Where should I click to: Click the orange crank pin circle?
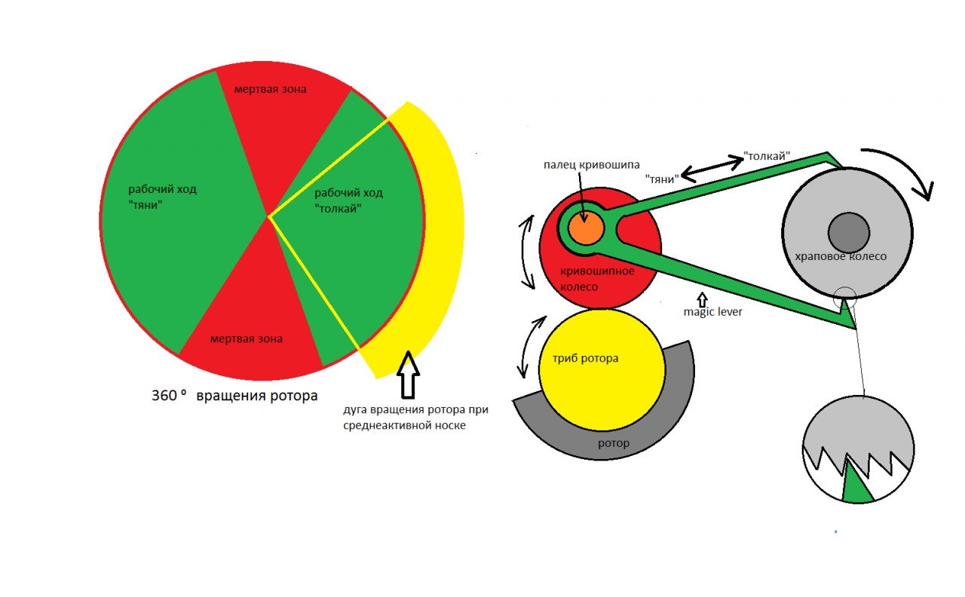(x=587, y=228)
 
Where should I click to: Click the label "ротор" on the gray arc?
(x=613, y=443)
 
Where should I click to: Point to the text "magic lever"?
(x=712, y=311)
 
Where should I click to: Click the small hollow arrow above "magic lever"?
(x=703, y=297)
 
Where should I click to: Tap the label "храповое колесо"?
(x=840, y=256)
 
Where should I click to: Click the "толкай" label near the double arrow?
(x=767, y=156)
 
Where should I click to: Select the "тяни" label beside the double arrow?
(x=661, y=179)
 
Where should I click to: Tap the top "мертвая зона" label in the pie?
(x=270, y=89)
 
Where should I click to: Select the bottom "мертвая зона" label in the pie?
(x=247, y=338)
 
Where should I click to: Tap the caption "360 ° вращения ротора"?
(x=234, y=395)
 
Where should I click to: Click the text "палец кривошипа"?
(x=590, y=165)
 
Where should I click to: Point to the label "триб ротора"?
(x=580, y=358)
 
